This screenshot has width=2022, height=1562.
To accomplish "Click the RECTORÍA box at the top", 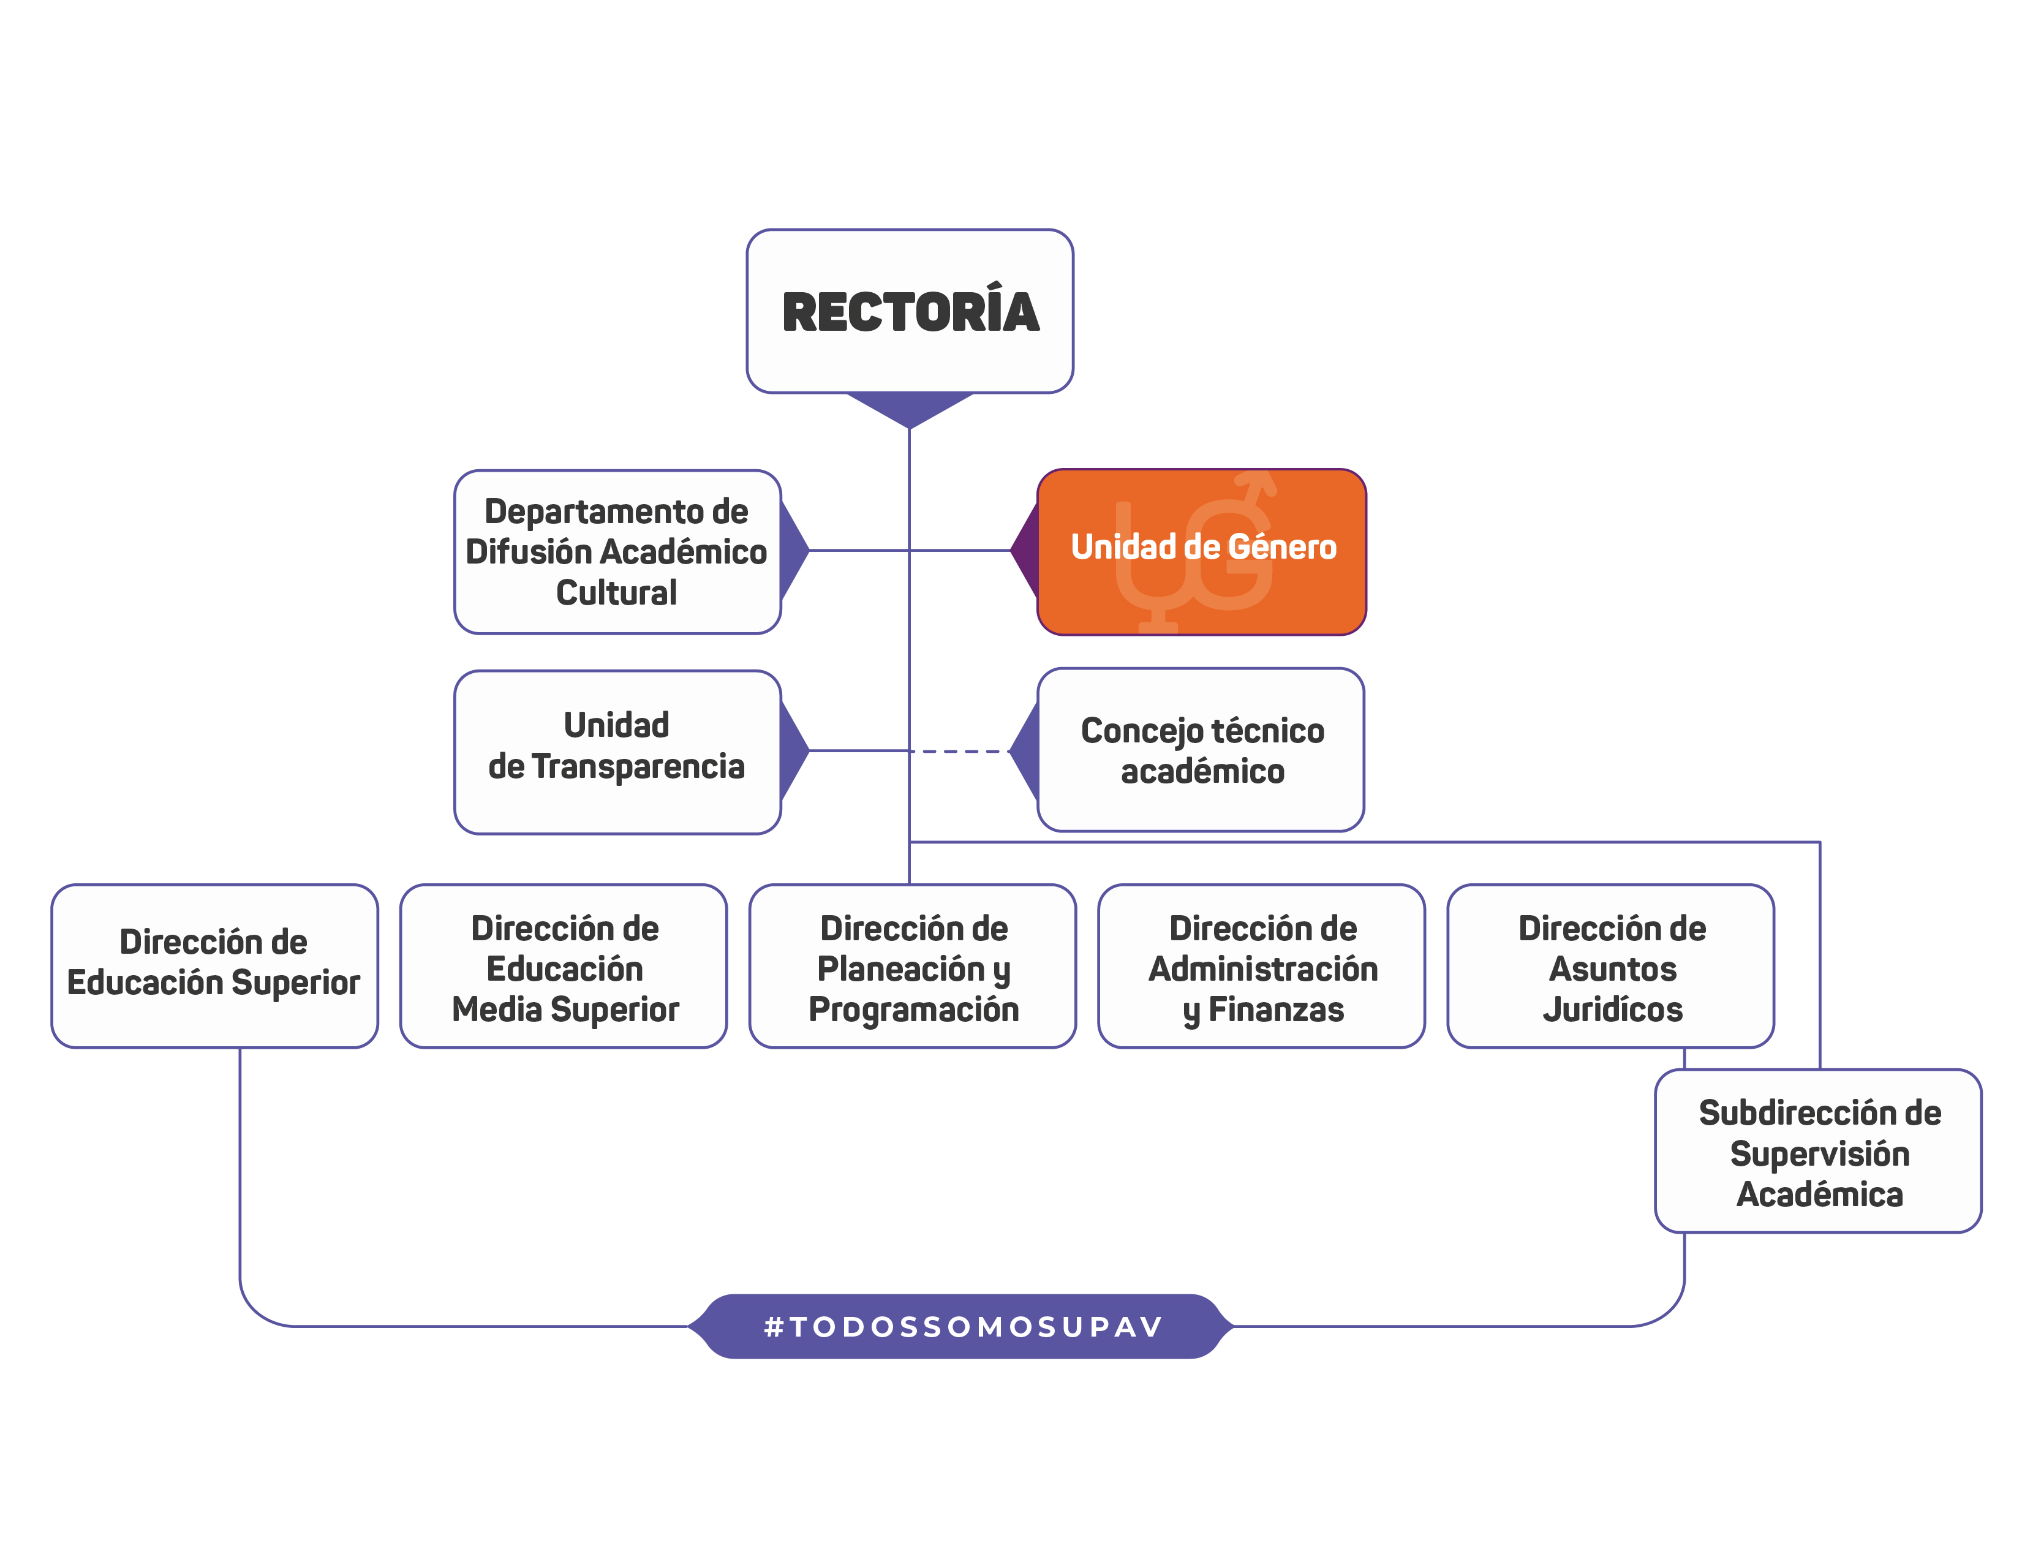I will point(910,311).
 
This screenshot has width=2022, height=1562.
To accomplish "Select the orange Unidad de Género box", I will point(1202,552).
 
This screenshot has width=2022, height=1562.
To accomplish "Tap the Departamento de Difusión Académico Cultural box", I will point(617,552).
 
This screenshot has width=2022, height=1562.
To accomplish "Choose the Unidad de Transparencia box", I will point(617,752).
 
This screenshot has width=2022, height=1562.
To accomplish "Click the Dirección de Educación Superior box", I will point(214,966).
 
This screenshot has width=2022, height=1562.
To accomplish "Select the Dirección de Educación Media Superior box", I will point(564,966).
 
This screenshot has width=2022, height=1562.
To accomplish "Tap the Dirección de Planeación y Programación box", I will point(913,966).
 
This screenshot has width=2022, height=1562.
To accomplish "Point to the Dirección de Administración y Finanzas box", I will point(1261,966).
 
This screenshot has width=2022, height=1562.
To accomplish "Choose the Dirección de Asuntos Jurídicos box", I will point(1611,966).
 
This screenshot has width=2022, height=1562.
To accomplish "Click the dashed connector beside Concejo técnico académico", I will point(963,751).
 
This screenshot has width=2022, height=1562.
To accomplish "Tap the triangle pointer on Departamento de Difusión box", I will point(793,551).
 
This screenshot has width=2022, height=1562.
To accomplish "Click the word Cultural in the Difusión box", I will point(617,592).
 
